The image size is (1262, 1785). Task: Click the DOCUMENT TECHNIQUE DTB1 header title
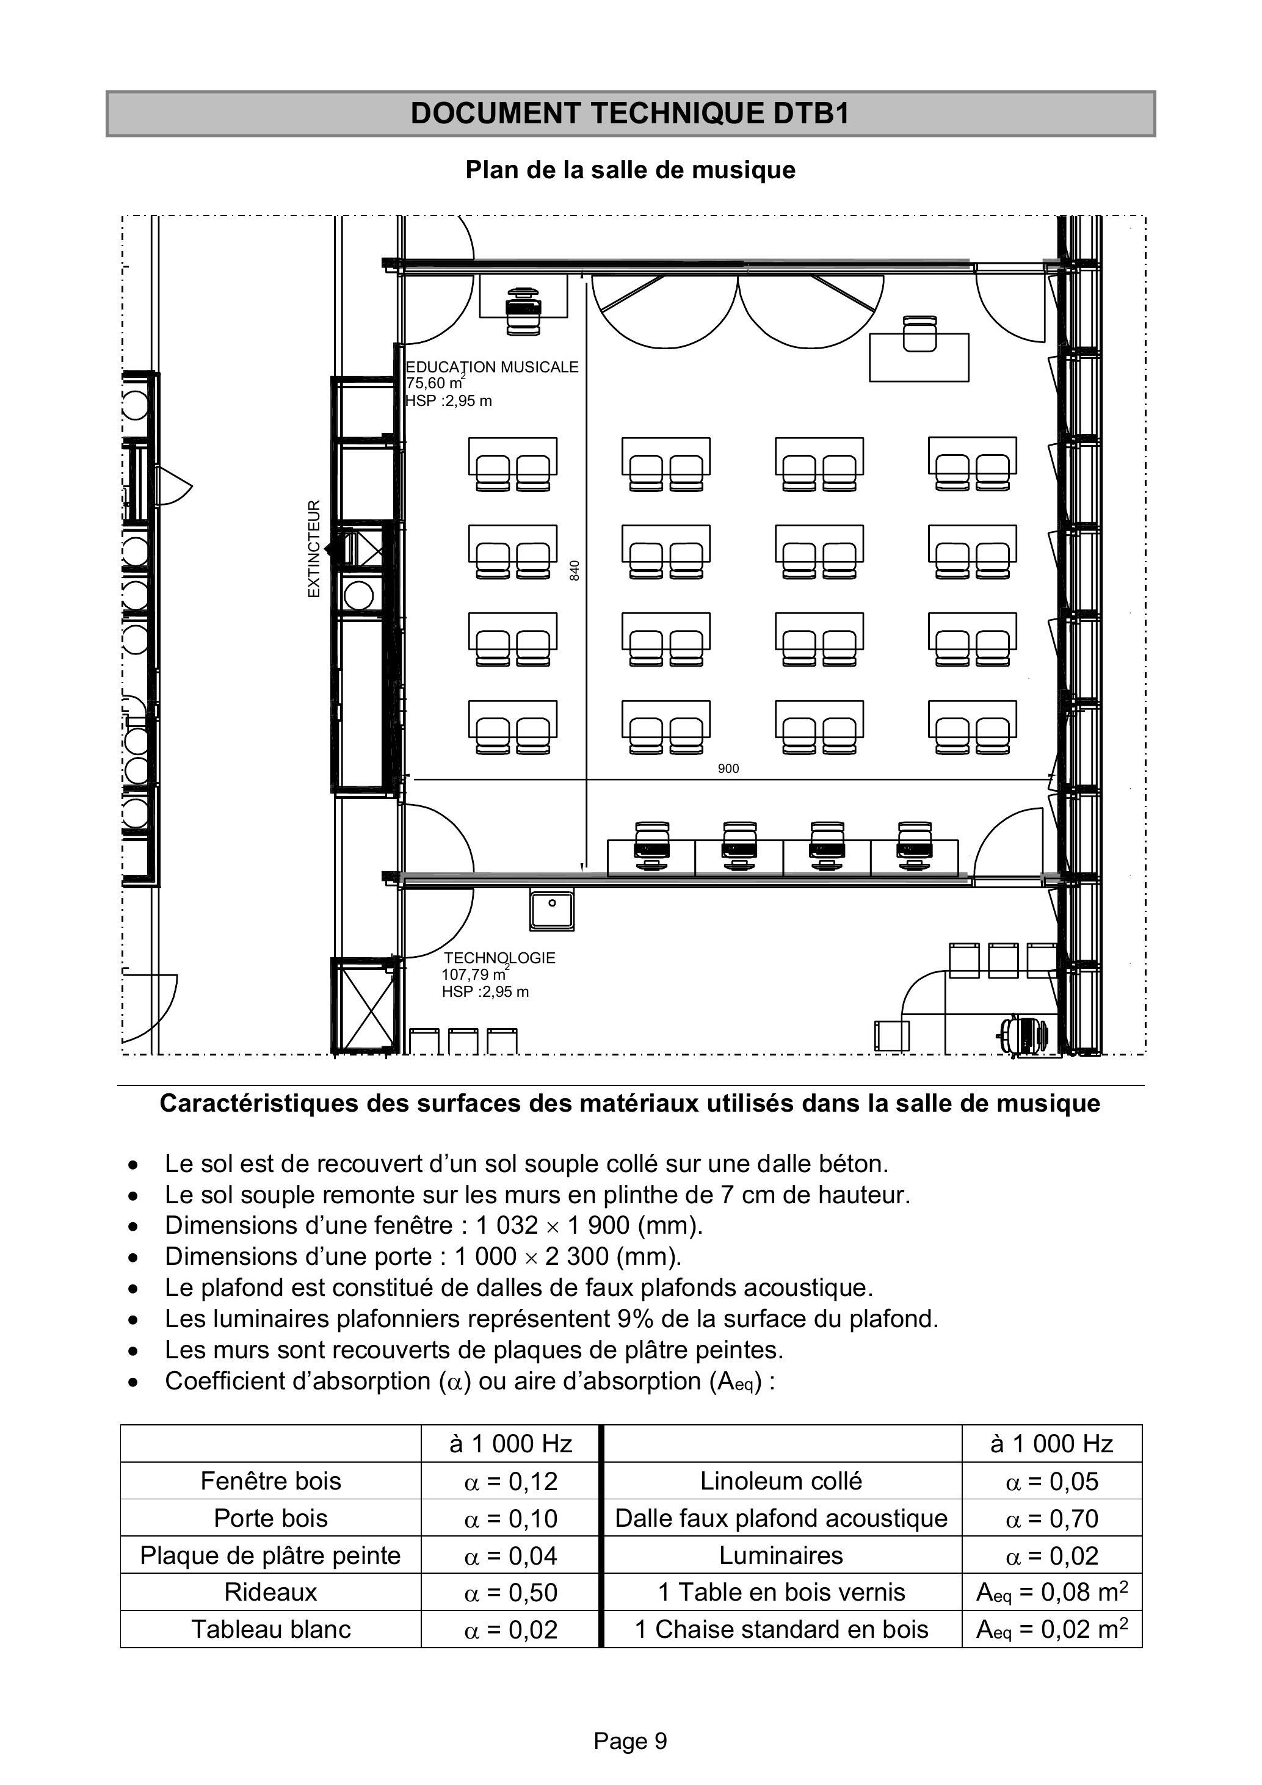(630, 114)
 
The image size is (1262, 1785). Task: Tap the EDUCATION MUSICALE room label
(492, 367)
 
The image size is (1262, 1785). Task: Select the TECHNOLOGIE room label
(500, 958)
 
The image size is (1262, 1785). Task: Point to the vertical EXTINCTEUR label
(314, 548)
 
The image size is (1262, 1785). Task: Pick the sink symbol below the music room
(552, 910)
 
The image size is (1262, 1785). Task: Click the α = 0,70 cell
(1052, 1518)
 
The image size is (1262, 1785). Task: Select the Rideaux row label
(270, 1592)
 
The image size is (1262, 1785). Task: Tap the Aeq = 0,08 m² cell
(1052, 1592)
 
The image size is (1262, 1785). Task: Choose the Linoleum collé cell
(781, 1481)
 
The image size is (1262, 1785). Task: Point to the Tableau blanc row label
(270, 1629)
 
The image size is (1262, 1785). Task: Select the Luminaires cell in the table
(781, 1555)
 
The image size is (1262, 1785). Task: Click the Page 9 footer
(631, 1742)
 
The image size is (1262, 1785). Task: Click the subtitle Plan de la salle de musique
(631, 170)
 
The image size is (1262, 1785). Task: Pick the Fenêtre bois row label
(270, 1481)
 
